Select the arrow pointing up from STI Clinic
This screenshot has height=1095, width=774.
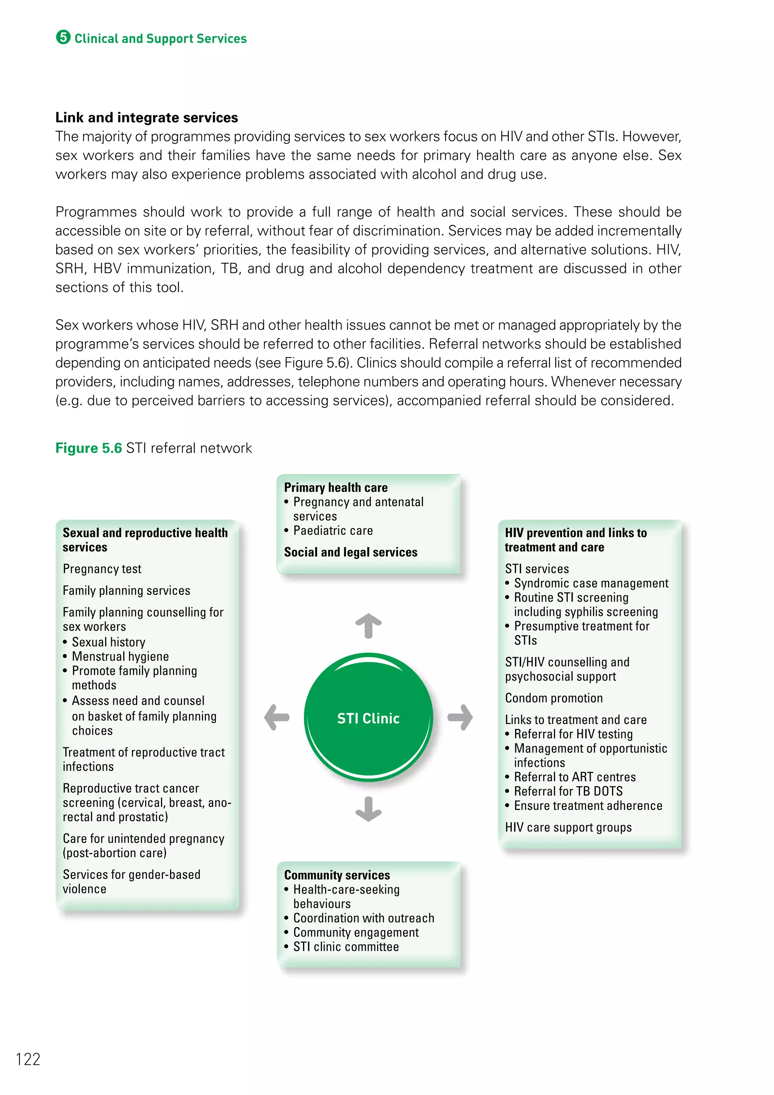pos(368,625)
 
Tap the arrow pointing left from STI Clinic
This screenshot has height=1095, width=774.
pos(277,717)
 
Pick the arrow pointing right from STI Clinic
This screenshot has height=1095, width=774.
pos(460,717)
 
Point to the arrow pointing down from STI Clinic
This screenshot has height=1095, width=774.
pos(368,809)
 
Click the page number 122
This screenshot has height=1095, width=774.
pos(28,1059)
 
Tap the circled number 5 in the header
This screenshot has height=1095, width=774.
pos(63,37)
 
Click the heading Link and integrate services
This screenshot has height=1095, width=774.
pos(146,117)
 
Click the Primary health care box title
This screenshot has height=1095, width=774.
pos(336,487)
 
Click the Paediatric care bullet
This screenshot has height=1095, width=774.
pos(333,530)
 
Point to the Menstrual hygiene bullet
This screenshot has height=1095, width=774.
pos(120,656)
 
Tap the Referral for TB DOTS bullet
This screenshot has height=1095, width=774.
pos(568,791)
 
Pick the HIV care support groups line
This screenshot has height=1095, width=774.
pos(568,827)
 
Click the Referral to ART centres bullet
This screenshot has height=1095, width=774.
pos(574,777)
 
